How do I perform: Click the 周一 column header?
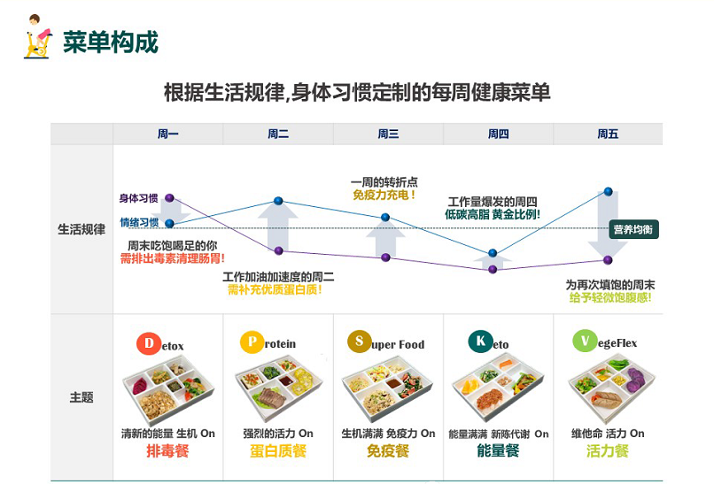click(x=168, y=134)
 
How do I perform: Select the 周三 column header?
click(x=388, y=134)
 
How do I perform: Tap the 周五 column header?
click(x=608, y=134)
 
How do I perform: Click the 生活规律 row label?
click(x=81, y=229)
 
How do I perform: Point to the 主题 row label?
click(x=81, y=397)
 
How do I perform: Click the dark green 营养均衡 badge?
click(x=633, y=229)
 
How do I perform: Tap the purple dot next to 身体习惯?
click(x=169, y=198)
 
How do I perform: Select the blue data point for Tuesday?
click(x=279, y=201)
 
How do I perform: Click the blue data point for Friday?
click(x=608, y=191)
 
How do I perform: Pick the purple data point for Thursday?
click(x=493, y=269)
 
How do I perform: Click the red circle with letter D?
click(x=149, y=343)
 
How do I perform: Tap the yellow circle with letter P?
click(x=252, y=342)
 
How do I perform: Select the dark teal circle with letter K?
click(x=480, y=342)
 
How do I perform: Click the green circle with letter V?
click(x=585, y=341)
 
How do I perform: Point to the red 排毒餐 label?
click(x=167, y=450)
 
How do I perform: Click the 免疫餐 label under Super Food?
click(x=388, y=450)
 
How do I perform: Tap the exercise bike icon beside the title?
click(x=37, y=37)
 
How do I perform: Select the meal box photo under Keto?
click(x=498, y=387)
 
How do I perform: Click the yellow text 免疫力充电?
click(x=384, y=196)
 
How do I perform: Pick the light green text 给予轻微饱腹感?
click(x=610, y=298)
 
